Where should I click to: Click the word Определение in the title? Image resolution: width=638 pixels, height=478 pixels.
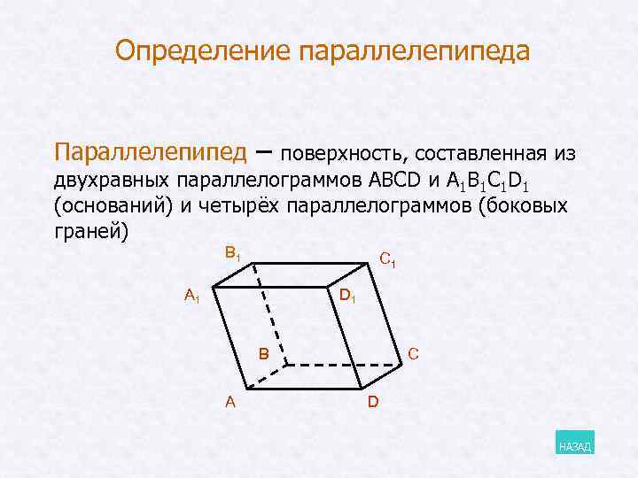pos(204,50)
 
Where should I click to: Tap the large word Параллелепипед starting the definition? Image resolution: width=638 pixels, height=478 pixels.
pos(150,152)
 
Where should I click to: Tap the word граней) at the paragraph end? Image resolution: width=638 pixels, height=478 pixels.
pos(91,233)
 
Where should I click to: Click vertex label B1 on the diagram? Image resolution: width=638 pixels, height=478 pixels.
pos(232,254)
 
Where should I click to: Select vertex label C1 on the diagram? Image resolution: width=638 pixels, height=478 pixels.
pos(386,260)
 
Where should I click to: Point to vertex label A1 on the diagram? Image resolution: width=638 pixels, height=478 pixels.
pos(191,296)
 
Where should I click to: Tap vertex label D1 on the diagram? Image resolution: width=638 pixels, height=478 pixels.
pos(347,295)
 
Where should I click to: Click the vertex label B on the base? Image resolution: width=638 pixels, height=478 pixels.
pos(263,354)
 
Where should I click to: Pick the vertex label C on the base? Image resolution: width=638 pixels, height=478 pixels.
pos(414,354)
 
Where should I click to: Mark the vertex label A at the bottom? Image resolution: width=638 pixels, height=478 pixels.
pos(230,402)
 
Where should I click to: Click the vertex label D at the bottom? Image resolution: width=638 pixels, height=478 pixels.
pos(373,403)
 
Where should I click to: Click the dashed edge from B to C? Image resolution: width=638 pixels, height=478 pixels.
pos(341,363)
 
